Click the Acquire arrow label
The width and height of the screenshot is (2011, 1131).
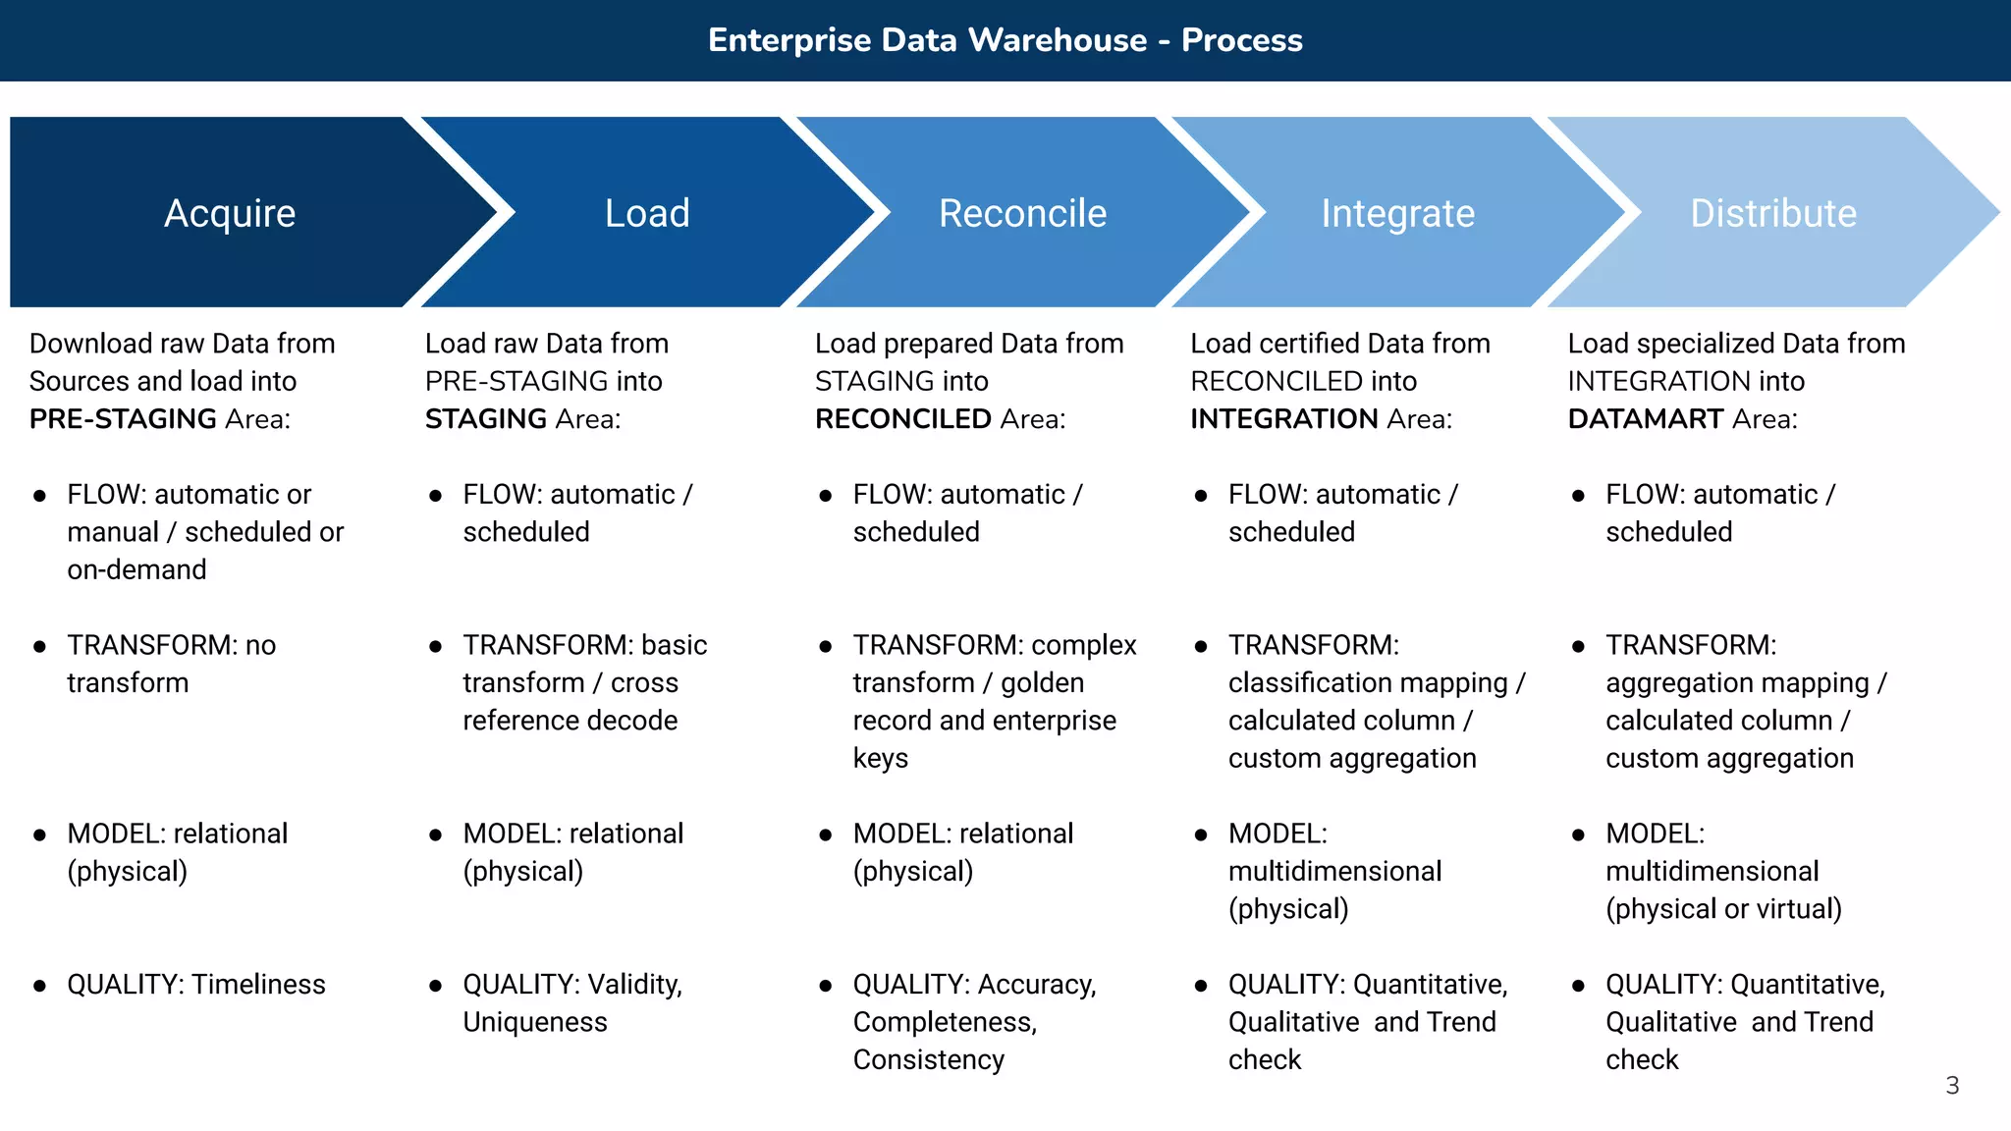coord(230,213)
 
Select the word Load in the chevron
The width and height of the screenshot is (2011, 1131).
coord(647,213)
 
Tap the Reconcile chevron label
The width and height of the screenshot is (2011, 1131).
coord(1022,213)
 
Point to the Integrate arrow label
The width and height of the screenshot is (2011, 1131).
coord(1397,213)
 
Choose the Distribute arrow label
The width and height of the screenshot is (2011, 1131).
coord(1773,213)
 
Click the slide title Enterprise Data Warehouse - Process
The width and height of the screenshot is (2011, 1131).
coord(1005,40)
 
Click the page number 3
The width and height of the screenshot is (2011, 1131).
coord(1952,1085)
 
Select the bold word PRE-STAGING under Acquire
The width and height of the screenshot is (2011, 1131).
coord(123,419)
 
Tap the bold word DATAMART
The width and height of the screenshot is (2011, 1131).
coord(1646,419)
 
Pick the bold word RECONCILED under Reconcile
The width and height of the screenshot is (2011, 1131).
coord(903,419)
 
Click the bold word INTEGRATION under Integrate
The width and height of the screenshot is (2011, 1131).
coord(1284,419)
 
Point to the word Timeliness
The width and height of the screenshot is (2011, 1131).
coord(258,985)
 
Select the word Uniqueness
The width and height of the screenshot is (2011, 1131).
coord(535,1022)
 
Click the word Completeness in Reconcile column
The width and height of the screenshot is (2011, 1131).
coord(944,1022)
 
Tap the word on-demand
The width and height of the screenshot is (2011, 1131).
coord(136,569)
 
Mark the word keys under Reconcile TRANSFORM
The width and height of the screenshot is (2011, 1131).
coord(880,758)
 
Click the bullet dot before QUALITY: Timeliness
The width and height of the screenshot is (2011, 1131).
coord(40,986)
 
